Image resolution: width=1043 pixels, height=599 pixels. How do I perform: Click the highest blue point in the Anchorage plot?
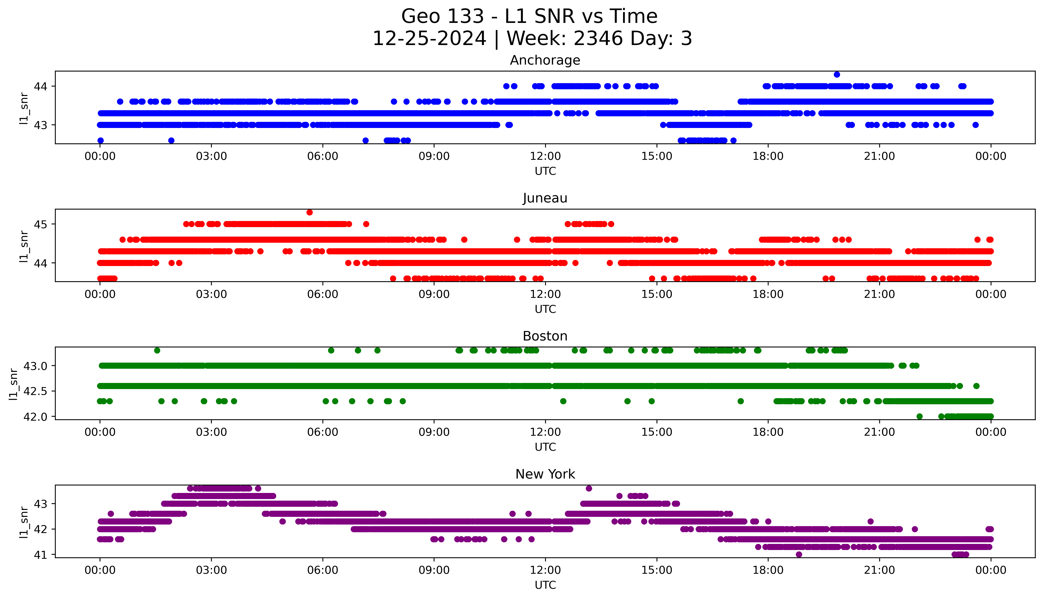tap(837, 74)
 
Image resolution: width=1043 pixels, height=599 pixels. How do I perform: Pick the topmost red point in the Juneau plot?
tap(309, 212)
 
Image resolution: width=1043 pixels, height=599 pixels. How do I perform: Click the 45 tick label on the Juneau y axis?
tap(41, 224)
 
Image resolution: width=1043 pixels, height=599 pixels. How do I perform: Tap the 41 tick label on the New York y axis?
tap(41, 555)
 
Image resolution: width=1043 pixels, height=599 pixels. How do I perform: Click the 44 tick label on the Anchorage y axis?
tap(41, 86)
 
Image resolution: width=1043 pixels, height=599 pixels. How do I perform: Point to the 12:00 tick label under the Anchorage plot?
tap(545, 156)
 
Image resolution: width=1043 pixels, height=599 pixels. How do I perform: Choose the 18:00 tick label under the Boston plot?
tap(768, 432)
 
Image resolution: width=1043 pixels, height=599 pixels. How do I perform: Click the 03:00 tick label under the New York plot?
tap(211, 570)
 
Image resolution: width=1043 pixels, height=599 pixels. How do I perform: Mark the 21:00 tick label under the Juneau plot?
tap(879, 294)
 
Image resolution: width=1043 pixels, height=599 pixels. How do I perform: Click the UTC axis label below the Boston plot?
tap(545, 447)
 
